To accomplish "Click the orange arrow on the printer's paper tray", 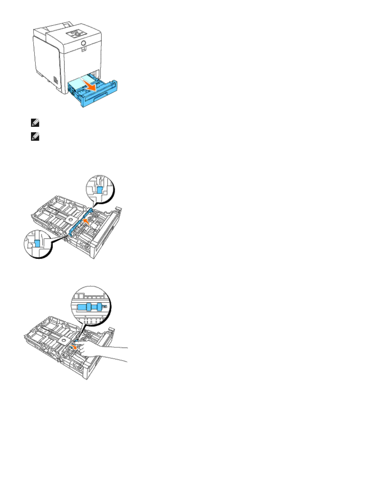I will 90,85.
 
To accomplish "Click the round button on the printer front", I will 83,43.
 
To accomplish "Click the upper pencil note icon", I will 35,123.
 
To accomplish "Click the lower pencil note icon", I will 35,137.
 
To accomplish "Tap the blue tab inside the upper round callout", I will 100,189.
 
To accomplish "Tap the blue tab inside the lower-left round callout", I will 37,243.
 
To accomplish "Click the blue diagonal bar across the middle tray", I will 80,221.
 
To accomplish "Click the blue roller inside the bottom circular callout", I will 90,306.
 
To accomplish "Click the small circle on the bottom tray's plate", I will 63,340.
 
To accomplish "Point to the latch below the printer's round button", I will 83,49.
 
